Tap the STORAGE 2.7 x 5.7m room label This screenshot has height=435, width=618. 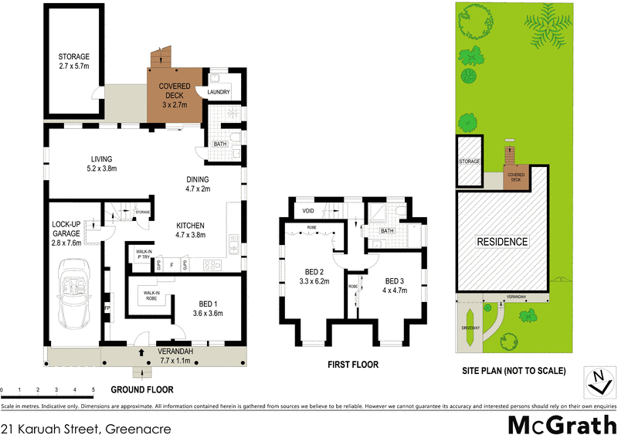click(x=74, y=62)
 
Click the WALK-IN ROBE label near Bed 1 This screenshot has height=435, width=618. click(x=150, y=296)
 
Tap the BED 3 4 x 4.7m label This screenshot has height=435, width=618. click(x=395, y=285)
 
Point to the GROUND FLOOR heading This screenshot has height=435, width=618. click(x=142, y=390)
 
